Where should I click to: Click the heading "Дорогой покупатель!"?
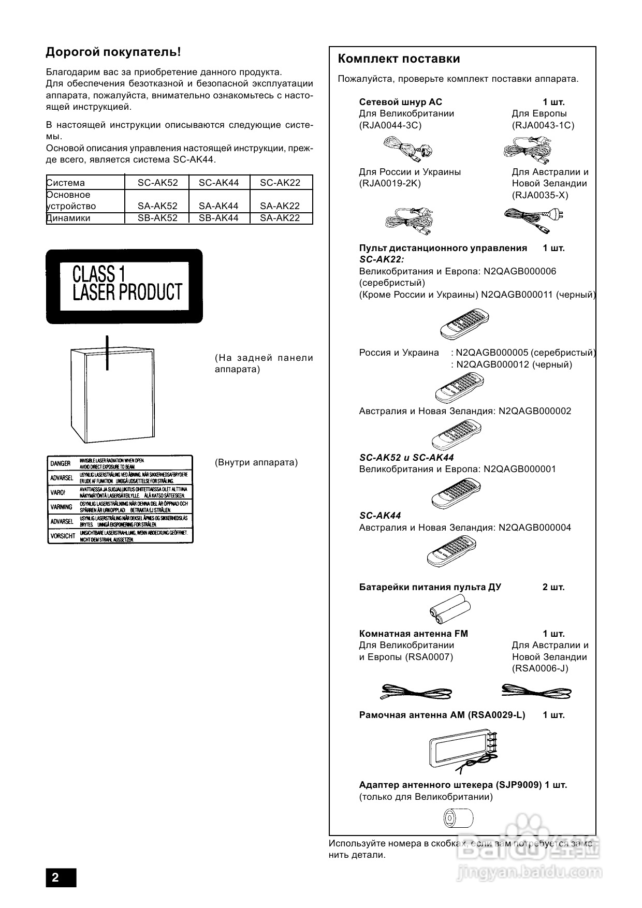click(113, 52)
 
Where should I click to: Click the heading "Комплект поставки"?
click(399, 59)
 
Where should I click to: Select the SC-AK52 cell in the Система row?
click(157, 183)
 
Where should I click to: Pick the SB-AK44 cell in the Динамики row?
click(218, 218)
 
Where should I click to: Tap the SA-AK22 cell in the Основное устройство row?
click(280, 206)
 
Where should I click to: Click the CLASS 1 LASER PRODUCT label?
click(124, 286)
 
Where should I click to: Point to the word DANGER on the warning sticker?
click(61, 464)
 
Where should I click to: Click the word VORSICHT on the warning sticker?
click(63, 536)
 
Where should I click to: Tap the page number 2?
click(55, 877)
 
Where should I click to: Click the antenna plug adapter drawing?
click(459, 818)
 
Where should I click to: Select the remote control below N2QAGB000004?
click(451, 551)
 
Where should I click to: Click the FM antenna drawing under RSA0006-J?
click(536, 692)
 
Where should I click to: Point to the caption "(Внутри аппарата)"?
click(256, 462)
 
